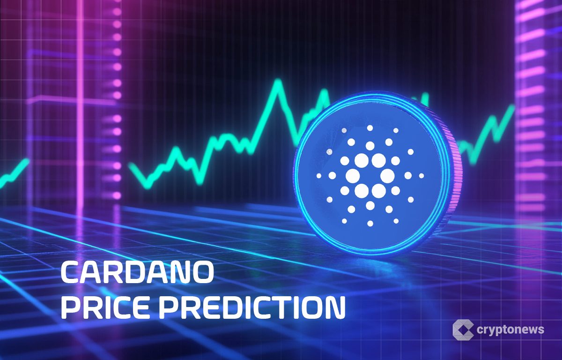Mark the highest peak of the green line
pyautogui.click(x=278, y=83)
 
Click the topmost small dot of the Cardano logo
pyautogui.click(x=370, y=127)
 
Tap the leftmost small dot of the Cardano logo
pyautogui.click(x=319, y=176)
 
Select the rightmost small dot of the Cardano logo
pyautogui.click(x=421, y=176)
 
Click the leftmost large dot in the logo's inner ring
pyautogui.click(x=352, y=176)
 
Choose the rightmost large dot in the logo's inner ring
pyautogui.click(x=387, y=176)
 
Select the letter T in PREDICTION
pyautogui.click(x=277, y=308)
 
